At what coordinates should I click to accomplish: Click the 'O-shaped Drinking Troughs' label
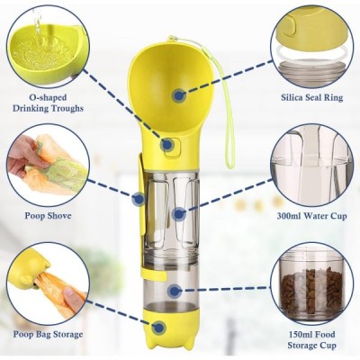coord(48,103)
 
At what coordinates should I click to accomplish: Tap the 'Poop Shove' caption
coord(48,216)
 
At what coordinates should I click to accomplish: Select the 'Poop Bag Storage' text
coord(48,334)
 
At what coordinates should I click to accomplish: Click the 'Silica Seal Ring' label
coord(312,97)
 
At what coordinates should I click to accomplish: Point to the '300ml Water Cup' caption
coord(312,216)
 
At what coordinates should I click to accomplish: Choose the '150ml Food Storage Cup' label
coord(312,339)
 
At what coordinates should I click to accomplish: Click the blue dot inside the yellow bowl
coord(179,95)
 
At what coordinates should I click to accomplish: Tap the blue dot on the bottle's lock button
coord(167,145)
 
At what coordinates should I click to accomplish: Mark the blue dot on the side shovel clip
coord(139,199)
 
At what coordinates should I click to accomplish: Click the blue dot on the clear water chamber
coord(179,214)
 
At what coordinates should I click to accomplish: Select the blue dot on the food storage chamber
coord(175,291)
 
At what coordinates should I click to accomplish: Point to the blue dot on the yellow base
coord(159,328)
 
